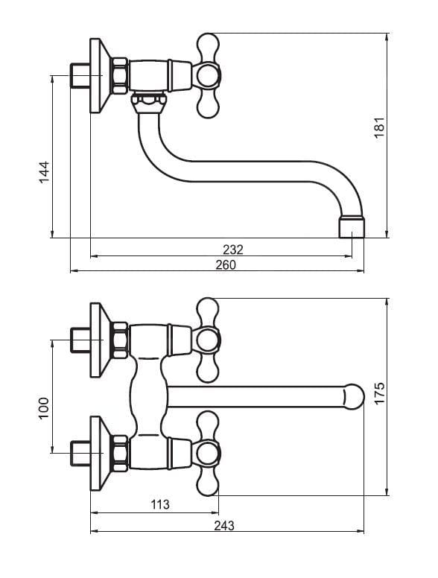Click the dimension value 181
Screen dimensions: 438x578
click(379, 127)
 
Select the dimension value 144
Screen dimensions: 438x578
click(44, 172)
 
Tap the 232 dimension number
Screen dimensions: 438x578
click(233, 250)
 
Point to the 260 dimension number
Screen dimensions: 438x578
click(225, 265)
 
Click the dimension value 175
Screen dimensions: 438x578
click(379, 393)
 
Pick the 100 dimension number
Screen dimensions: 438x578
click(44, 408)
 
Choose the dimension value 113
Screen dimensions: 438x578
click(159, 504)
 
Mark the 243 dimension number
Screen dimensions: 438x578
click(224, 525)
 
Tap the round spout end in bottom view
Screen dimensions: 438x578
click(353, 397)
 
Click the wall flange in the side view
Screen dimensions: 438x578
click(100, 75)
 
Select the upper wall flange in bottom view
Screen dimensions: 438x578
click(100, 340)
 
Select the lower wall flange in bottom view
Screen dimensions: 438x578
click(100, 454)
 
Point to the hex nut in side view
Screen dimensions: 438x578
click(121, 75)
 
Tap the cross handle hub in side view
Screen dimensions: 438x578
click(206, 75)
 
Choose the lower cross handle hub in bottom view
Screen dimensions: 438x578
click(206, 453)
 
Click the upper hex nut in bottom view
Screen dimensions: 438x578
click(121, 340)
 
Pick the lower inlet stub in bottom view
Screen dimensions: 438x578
click(80, 454)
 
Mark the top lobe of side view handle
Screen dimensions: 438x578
click(209, 47)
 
